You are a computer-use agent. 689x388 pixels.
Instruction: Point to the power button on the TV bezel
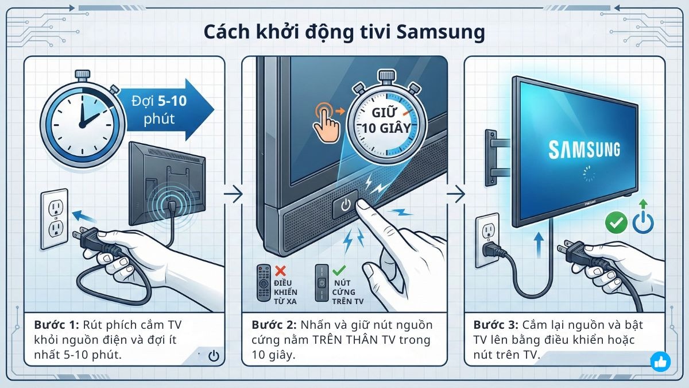pos(344,205)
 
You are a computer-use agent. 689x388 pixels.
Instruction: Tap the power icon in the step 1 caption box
pos(213,356)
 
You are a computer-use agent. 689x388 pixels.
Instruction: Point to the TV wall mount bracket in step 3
pos(493,154)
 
